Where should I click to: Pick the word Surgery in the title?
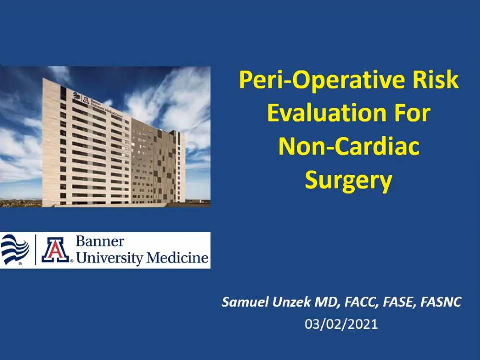pyautogui.click(x=348, y=180)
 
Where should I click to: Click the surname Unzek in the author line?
pyautogui.click(x=291, y=302)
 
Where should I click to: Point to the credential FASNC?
pyautogui.click(x=441, y=302)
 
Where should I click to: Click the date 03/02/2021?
pyautogui.click(x=341, y=324)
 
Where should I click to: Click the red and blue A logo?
pyautogui.click(x=55, y=250)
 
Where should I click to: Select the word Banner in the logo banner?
pyautogui.click(x=100, y=241)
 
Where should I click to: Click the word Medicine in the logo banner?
pyautogui.click(x=177, y=258)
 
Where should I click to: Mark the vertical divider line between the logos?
pyautogui.click(x=36, y=250)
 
